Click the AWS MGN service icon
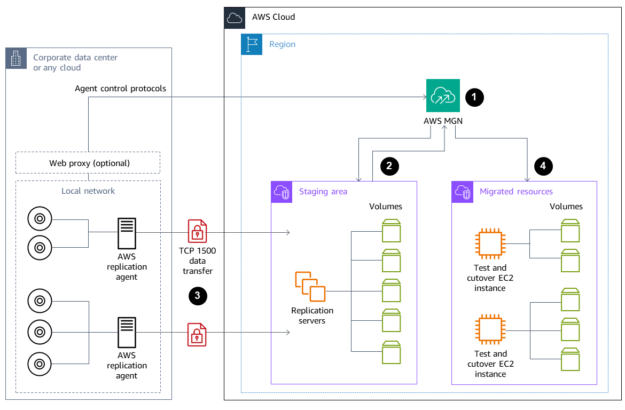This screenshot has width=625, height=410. [x=443, y=96]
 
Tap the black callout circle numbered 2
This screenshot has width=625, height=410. [x=389, y=166]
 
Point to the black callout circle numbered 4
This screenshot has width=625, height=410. [x=543, y=166]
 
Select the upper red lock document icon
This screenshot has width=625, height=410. [x=197, y=231]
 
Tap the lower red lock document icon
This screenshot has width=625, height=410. [x=197, y=334]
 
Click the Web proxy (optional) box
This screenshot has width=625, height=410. [x=88, y=163]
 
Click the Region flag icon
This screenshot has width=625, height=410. [x=252, y=44]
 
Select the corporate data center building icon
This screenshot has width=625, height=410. [x=16, y=58]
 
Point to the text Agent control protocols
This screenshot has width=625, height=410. [x=120, y=89]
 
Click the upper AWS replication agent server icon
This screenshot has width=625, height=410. [x=127, y=232]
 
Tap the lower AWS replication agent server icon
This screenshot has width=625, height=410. [x=127, y=333]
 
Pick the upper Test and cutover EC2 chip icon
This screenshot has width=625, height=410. [x=490, y=243]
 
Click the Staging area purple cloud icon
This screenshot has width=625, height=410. [x=282, y=192]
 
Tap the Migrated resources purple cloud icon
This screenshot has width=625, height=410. [x=462, y=192]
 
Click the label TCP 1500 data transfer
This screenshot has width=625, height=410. [x=198, y=261]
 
